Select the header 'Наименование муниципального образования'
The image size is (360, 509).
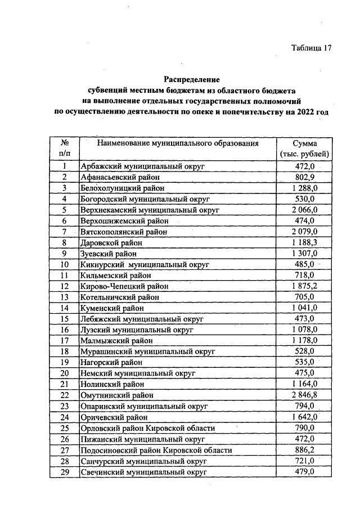[178, 143]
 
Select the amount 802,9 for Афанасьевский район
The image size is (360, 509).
[304, 177]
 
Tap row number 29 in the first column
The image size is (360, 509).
[65, 472]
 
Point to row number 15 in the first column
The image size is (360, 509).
[65, 319]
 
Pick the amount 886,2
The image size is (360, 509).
[304, 450]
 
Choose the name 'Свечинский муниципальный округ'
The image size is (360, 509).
[143, 472]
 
